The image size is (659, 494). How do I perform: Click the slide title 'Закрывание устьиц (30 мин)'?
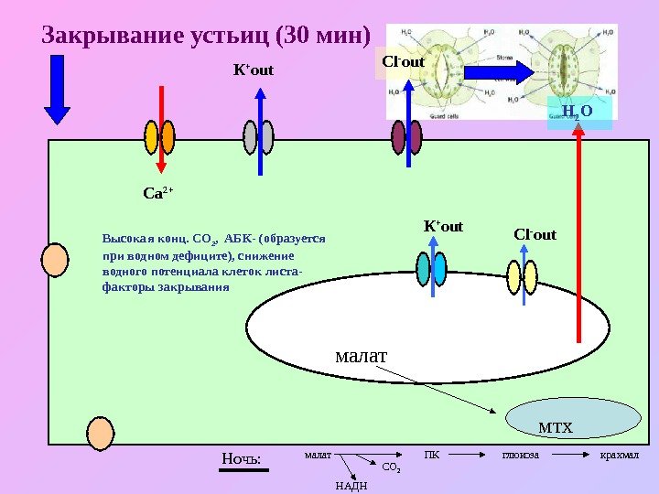207,38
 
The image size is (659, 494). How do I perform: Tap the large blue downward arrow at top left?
57,88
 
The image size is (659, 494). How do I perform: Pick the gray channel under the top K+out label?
251,138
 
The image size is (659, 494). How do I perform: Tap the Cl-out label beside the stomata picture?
403,62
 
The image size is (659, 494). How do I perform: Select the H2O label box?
578,113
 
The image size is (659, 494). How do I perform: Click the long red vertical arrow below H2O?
578,238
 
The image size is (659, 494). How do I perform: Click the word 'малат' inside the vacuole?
362,353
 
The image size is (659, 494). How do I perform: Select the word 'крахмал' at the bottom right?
618,455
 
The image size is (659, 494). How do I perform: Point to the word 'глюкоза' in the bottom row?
521,455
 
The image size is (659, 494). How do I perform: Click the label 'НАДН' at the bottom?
351,485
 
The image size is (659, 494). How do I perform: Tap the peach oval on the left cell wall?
57,260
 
